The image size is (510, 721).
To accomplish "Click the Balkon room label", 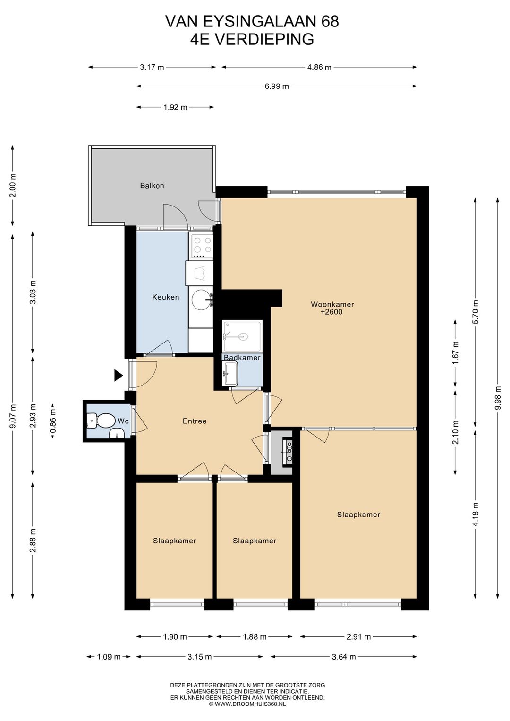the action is coord(152,185).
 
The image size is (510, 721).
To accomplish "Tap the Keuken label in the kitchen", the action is coord(165,297).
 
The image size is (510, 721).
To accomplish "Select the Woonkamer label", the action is coord(332,304).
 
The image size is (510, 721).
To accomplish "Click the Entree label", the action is coord(195,421).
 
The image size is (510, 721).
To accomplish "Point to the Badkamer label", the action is coord(242,357).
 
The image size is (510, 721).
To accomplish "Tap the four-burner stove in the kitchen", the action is coord(202,246).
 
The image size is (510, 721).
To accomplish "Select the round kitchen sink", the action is coord(201,300).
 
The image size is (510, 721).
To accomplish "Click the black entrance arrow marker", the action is coord(119,375).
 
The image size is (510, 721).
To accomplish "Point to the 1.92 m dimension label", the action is coord(175,107).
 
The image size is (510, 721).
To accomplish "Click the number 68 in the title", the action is coord(329,22).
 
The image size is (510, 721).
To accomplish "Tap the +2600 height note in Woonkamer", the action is coord(332,312).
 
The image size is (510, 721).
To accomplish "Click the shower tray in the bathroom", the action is coord(243,336).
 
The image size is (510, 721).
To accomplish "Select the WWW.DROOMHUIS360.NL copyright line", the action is coord(247,704).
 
